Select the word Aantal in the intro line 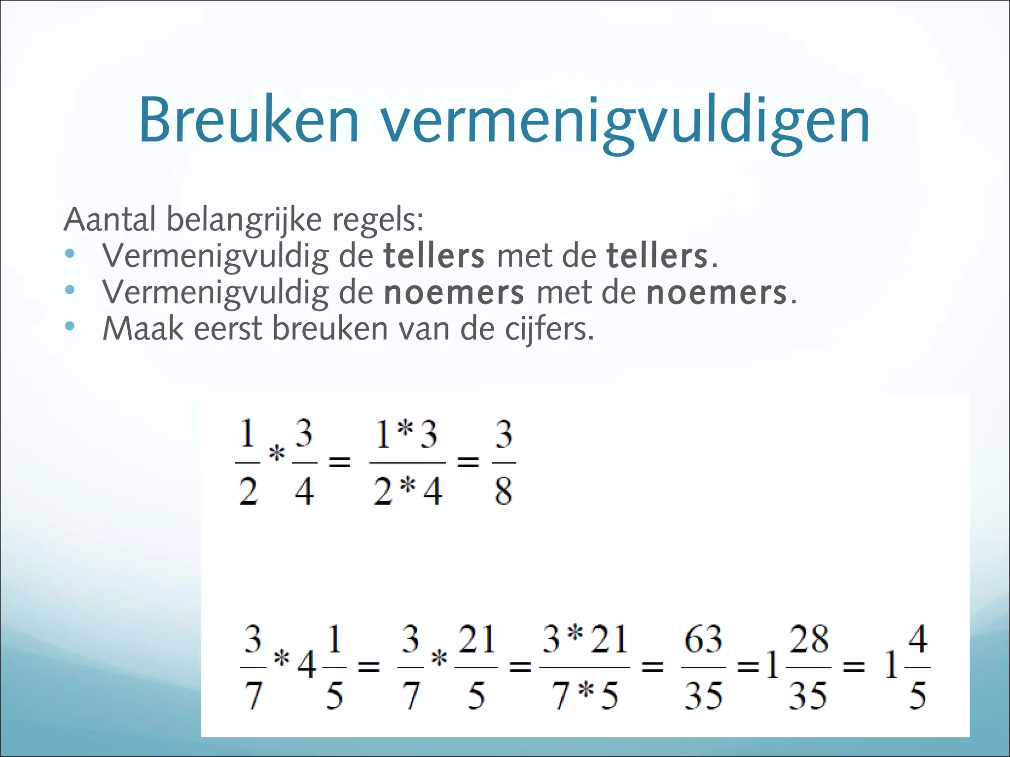109,219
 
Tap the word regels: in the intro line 377,220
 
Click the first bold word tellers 434,256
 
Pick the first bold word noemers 454,293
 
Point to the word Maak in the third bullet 143,329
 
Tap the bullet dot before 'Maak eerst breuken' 70,326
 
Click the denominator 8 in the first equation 504,491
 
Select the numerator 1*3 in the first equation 407,435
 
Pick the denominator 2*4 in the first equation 408,491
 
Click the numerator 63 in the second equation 703,639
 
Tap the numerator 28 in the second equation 809,639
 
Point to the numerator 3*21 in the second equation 585,639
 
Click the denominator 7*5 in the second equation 585,696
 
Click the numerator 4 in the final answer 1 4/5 918,639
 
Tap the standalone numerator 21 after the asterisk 476,639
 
